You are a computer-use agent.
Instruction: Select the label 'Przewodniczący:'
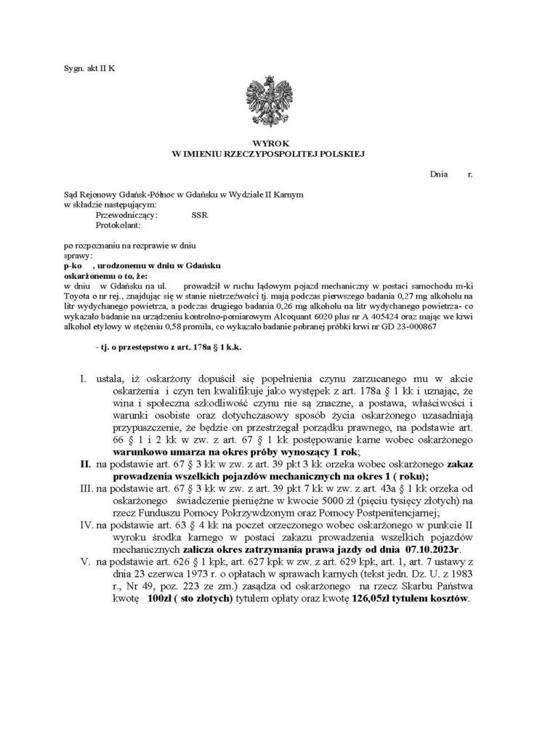point(121,216)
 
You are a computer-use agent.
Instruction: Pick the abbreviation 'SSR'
point(199,216)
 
